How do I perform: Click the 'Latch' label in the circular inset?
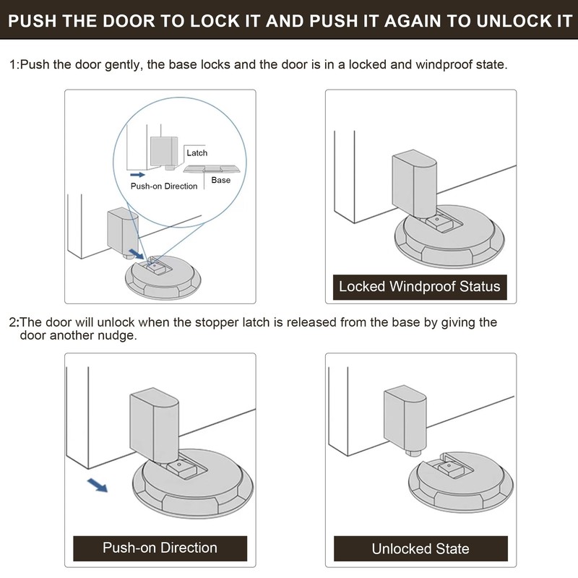tap(197, 153)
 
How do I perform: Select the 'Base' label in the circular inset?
tap(221, 180)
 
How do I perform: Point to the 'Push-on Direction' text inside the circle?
tap(164, 186)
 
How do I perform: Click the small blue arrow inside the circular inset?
tap(137, 174)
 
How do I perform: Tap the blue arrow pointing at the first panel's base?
tap(137, 254)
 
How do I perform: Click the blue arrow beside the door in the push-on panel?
tap(98, 485)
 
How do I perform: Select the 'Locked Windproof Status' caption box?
tap(420, 287)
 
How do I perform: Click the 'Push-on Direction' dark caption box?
tap(160, 548)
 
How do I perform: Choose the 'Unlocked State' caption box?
tap(420, 548)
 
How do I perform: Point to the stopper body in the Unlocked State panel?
tap(405, 418)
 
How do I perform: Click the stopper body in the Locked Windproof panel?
tap(414, 184)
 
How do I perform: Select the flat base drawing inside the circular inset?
tap(212, 169)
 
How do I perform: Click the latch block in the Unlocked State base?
tap(449, 469)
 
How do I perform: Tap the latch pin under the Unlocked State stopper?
tap(414, 453)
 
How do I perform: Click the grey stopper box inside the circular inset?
tap(164, 151)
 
